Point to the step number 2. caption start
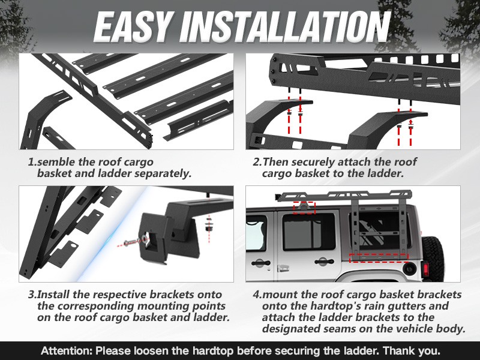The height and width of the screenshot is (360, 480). [257, 162]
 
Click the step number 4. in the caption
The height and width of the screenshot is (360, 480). [257, 295]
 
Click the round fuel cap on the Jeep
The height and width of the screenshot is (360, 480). [408, 269]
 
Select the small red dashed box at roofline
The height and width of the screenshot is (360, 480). [304, 207]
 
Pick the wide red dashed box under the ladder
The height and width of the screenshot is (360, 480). [377, 257]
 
